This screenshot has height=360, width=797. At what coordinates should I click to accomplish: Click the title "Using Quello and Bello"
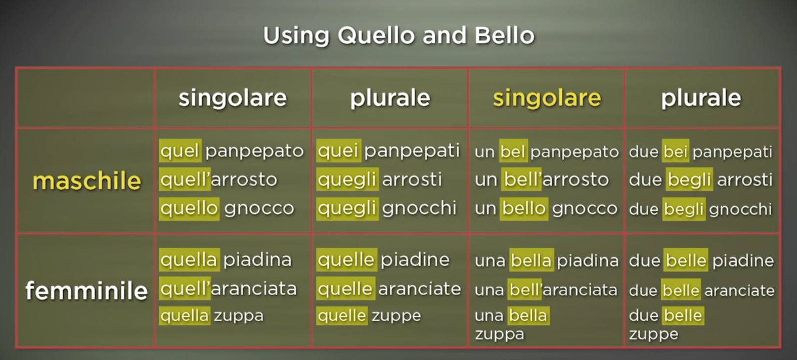coord(398,36)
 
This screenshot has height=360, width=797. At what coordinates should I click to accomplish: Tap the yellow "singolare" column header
coord(547,98)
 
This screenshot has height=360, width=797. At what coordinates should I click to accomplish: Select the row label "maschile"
coord(87,181)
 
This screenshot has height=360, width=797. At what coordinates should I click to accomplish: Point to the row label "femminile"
coord(86,290)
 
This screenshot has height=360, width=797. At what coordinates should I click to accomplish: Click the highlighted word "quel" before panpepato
coord(180,151)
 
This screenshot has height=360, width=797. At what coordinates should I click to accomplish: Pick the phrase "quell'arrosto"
coord(218,179)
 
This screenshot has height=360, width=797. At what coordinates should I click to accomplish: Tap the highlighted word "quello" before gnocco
coord(189,208)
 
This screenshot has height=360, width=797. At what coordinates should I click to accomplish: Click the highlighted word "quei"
coord(338,151)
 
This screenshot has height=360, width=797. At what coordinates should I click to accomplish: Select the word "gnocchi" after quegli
coord(419,208)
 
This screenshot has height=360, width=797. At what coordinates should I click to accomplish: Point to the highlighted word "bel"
coord(513,152)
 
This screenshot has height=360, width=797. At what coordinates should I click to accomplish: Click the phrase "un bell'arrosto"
coord(542,179)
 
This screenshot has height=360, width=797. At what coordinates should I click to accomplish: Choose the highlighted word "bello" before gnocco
coord(524,208)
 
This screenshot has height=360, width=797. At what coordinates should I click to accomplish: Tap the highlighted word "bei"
coord(675,152)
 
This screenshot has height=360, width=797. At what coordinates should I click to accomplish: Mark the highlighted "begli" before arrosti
coord(689,179)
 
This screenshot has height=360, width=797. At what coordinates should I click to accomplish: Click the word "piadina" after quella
coord(257,260)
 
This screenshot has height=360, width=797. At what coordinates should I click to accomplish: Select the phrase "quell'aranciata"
coord(229,289)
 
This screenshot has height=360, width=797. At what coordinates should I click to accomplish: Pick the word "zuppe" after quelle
coord(396,316)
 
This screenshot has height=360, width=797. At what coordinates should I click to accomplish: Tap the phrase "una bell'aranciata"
coord(546,290)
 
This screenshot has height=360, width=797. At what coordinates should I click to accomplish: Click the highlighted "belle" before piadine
coord(686,260)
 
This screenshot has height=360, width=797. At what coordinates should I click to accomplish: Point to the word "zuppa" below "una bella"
coord(500,335)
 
